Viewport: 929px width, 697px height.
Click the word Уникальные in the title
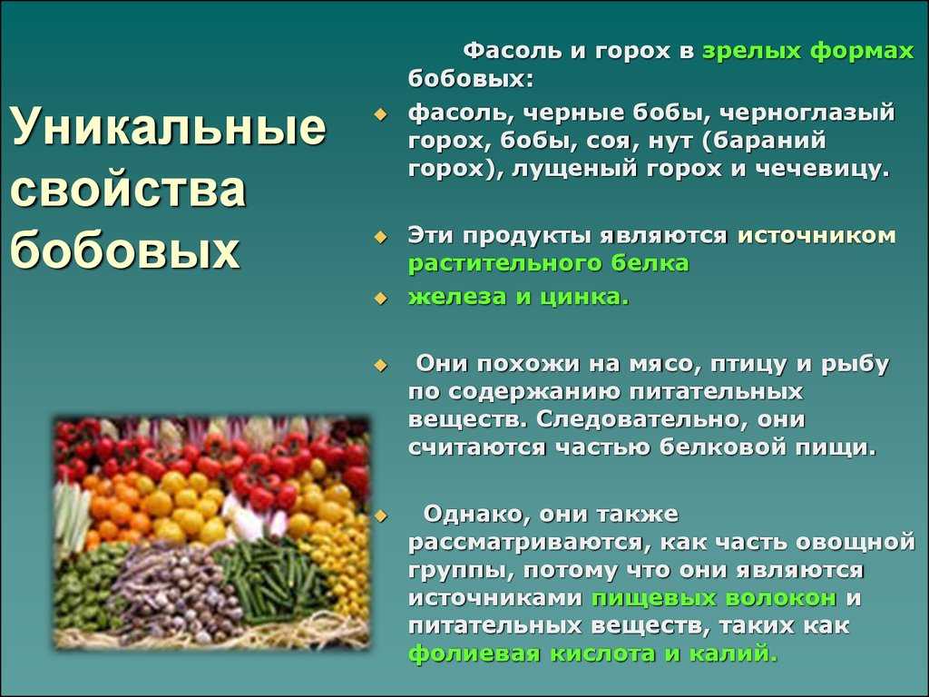[x=168, y=126]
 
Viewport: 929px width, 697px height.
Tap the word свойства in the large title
[x=128, y=189]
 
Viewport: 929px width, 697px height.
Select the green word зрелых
[x=751, y=51]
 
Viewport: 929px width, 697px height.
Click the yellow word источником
[x=817, y=235]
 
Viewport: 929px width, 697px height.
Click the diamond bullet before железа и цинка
[x=380, y=298]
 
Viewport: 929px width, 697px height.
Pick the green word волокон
[x=781, y=598]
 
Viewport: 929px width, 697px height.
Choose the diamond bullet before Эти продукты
[x=380, y=238]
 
